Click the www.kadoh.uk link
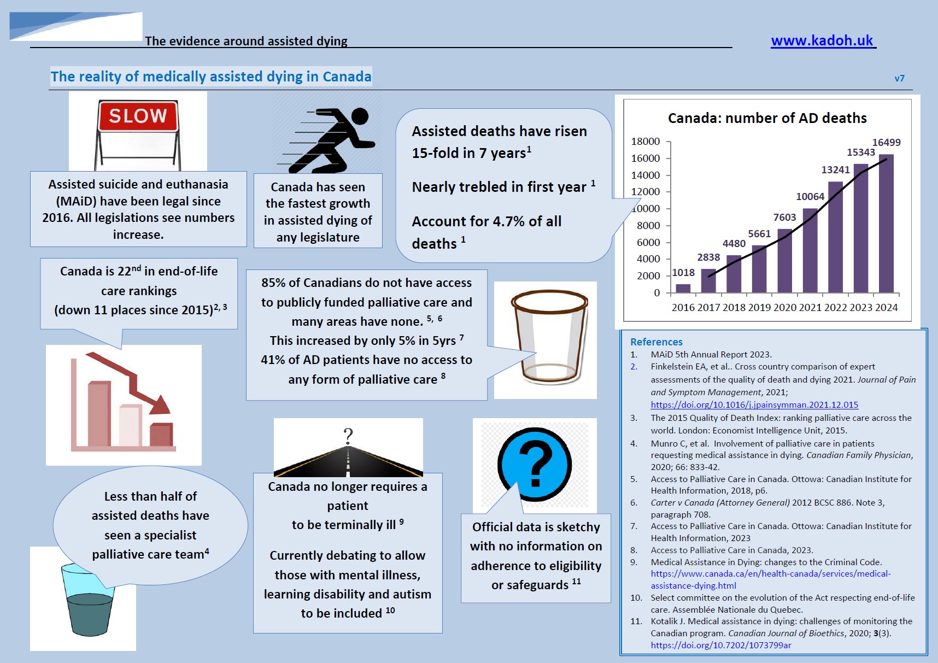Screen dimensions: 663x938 [x=822, y=41]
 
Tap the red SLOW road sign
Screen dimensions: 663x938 [x=138, y=116]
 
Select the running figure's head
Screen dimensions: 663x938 [x=360, y=116]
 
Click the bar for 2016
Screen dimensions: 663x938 [x=683, y=288]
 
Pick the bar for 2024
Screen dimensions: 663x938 [x=886, y=224]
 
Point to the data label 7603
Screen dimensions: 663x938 [x=784, y=218]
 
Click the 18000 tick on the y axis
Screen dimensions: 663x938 [x=646, y=142]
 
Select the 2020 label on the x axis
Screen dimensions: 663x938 [x=784, y=308]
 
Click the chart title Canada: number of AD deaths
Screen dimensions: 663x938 [x=767, y=118]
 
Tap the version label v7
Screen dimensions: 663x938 [x=899, y=79]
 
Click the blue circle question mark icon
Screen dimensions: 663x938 [x=535, y=464]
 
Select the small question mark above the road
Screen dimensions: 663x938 [x=348, y=436]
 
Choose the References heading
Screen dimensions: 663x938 [x=656, y=342]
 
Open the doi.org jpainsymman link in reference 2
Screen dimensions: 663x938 [x=754, y=405]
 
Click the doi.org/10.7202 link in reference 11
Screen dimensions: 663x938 [x=720, y=646]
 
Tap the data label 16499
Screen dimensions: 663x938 [x=886, y=143]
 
